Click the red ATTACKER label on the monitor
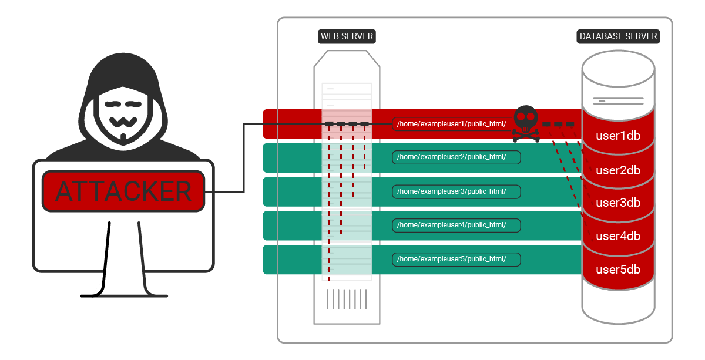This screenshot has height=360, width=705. point(123,191)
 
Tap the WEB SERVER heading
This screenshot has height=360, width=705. point(347,36)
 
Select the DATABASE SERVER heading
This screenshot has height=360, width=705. point(618,36)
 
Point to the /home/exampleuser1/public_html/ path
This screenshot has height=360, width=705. point(451,124)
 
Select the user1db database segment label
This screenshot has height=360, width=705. point(618,136)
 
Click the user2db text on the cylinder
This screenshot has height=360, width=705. point(618,170)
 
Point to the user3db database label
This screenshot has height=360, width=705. point(618,203)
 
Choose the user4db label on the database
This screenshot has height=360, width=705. point(618,237)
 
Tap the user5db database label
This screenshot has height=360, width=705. point(618,270)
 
